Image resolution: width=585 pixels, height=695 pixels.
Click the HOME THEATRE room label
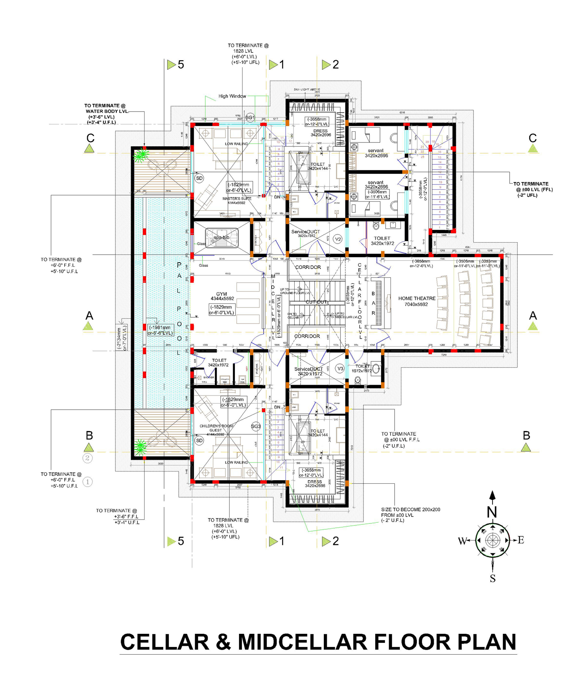point(417,301)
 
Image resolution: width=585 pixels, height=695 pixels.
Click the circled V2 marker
point(337,239)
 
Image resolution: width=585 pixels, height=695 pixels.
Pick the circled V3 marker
point(340,369)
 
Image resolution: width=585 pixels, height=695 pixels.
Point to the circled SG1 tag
point(250,117)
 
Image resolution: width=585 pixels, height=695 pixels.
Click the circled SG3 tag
point(256,426)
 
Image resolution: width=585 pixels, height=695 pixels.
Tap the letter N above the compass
point(492,512)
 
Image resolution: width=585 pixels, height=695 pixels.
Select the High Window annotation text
point(232,96)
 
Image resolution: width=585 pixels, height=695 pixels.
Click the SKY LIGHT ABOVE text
point(307,90)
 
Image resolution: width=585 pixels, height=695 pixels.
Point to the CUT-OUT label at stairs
point(316,302)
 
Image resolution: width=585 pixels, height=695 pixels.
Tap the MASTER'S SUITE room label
point(237,201)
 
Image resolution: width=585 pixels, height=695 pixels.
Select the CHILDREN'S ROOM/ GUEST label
point(216,430)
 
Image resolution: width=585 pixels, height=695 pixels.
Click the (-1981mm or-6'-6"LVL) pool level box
point(160,330)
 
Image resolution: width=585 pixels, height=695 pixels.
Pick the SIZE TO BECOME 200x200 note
point(410,515)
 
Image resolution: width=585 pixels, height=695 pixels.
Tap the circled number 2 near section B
point(88,458)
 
